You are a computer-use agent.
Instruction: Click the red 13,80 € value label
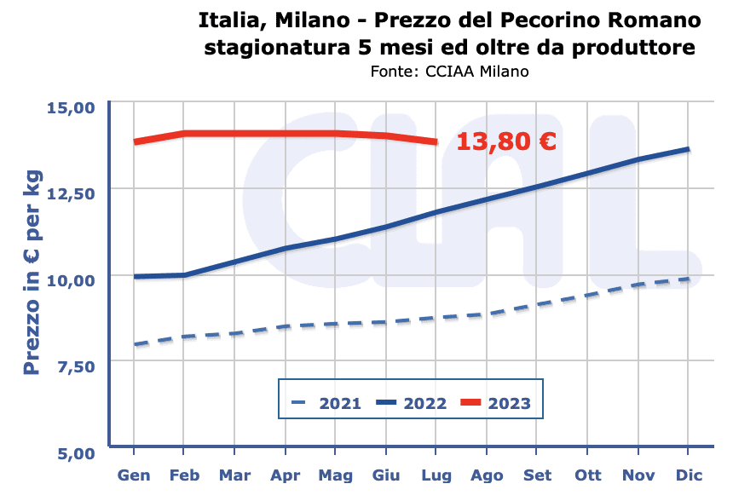(x=506, y=141)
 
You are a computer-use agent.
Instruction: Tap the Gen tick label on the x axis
(x=134, y=474)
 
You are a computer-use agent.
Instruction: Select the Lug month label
(x=436, y=474)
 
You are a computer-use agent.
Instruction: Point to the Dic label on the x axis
(x=689, y=474)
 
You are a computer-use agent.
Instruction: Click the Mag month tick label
(x=336, y=474)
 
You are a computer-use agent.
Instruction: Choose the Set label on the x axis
(x=537, y=474)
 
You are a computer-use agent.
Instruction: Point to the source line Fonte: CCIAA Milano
(x=450, y=72)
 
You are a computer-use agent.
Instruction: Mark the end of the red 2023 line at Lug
(x=436, y=141)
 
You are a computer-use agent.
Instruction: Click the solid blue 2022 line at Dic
(x=688, y=150)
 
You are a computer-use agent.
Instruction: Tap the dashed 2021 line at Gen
(x=135, y=345)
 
